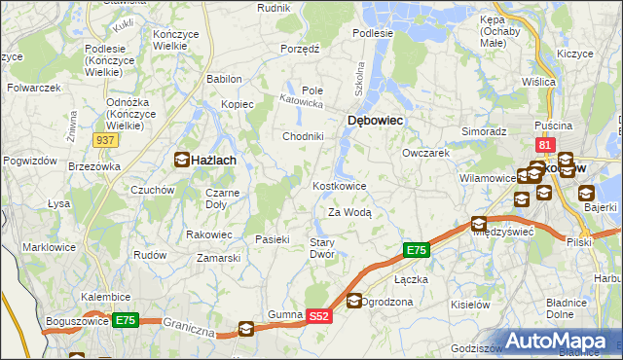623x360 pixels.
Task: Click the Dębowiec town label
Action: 376,120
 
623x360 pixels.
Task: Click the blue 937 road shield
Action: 107,140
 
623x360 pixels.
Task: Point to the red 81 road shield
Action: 545,146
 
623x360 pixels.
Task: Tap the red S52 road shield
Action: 320,316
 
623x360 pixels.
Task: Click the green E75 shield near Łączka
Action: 416,251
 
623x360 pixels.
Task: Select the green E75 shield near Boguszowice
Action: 125,319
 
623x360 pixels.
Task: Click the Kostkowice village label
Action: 339,186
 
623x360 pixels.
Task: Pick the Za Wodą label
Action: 349,212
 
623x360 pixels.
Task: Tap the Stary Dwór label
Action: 322,248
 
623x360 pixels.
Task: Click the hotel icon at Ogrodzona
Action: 354,302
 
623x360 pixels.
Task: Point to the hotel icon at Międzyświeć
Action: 479,223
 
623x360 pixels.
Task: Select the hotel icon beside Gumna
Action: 246,329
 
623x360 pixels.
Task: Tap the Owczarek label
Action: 425,153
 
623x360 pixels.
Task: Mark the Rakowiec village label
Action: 209,234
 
